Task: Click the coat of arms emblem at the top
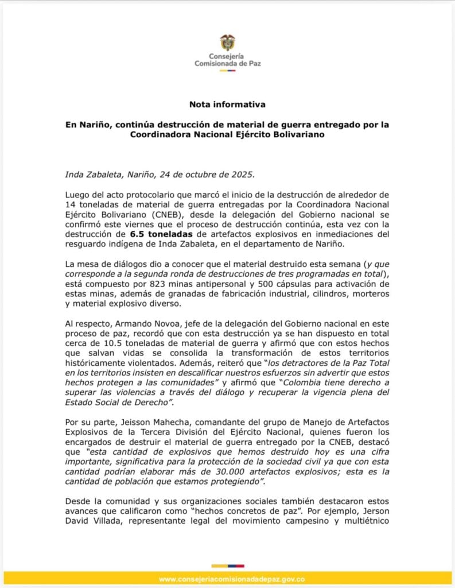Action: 227,42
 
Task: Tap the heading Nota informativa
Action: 227,105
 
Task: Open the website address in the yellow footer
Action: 227,579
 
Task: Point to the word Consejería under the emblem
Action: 227,56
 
